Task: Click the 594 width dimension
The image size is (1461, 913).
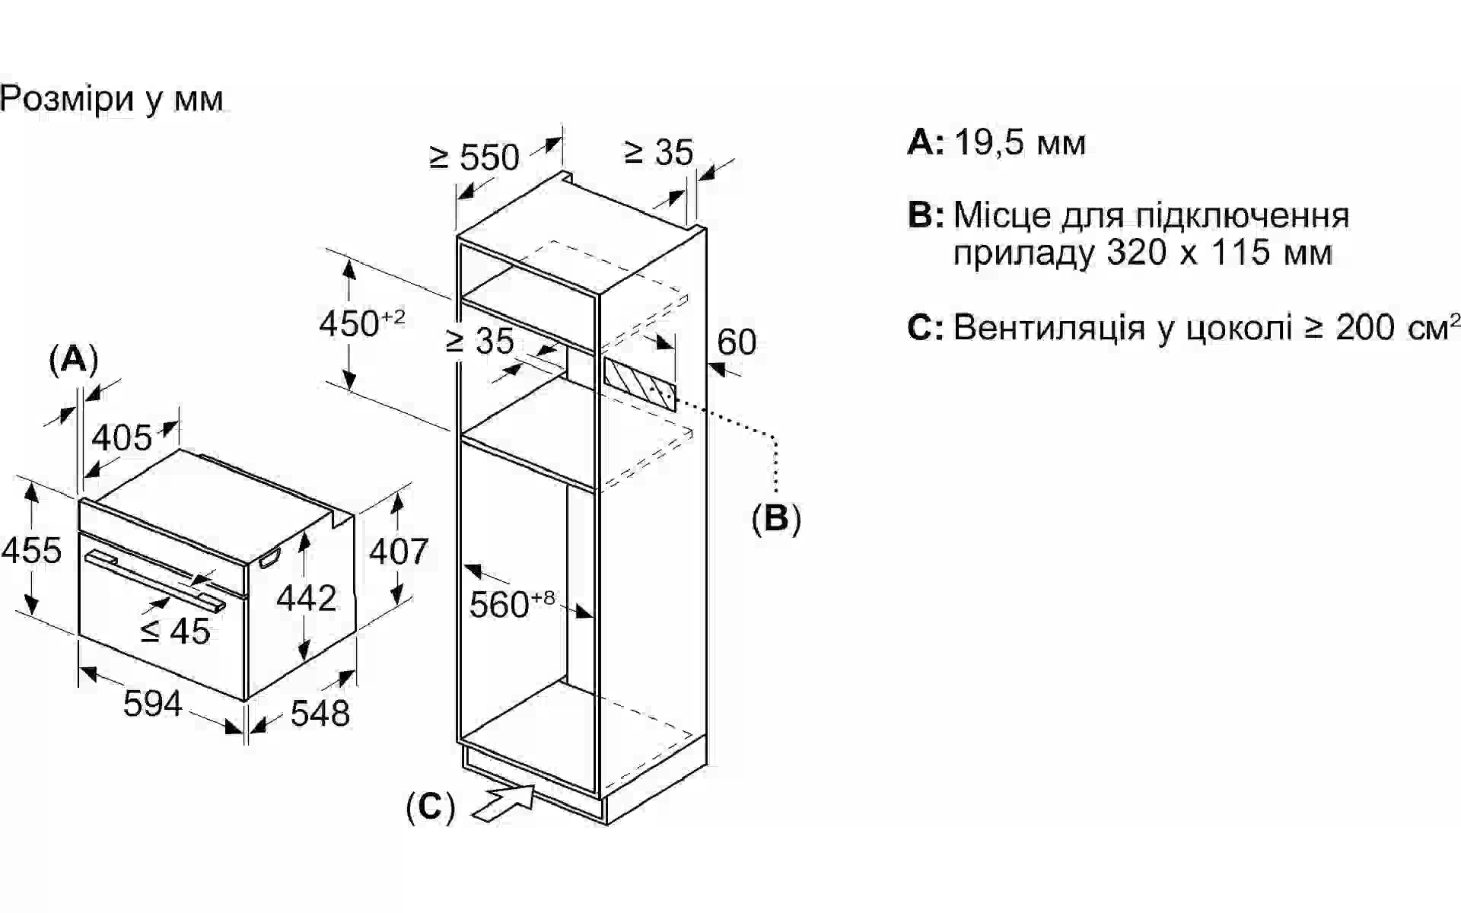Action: [x=152, y=704]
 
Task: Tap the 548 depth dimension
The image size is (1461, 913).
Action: [x=320, y=713]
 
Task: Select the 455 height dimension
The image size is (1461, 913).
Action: [x=31, y=550]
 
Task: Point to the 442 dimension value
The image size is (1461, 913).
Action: [x=306, y=599]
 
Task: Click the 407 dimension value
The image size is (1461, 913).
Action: [x=399, y=551]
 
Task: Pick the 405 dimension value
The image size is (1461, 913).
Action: [x=122, y=438]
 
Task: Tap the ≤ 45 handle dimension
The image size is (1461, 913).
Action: [x=175, y=631]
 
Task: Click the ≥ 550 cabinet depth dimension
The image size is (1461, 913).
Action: [x=474, y=157]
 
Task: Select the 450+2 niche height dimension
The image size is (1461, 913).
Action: [x=361, y=323]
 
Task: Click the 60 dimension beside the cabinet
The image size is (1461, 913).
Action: [x=737, y=342]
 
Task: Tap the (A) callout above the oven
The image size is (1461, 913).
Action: [x=74, y=359]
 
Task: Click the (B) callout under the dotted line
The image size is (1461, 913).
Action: [x=776, y=519]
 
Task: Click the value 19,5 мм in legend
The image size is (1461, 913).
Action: [x=1020, y=143]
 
